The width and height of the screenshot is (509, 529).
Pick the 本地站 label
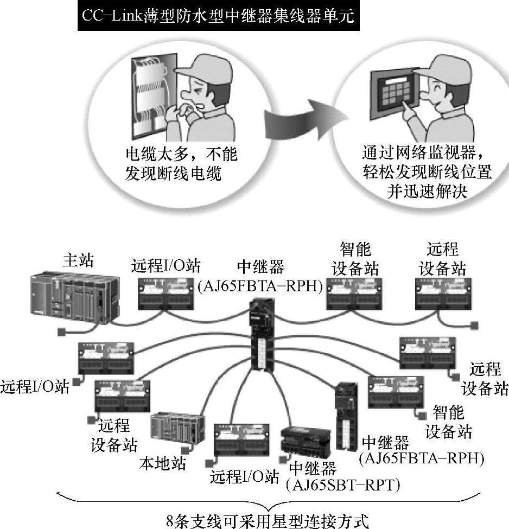click(x=162, y=463)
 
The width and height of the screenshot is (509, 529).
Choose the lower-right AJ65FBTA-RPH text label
click(x=421, y=458)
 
